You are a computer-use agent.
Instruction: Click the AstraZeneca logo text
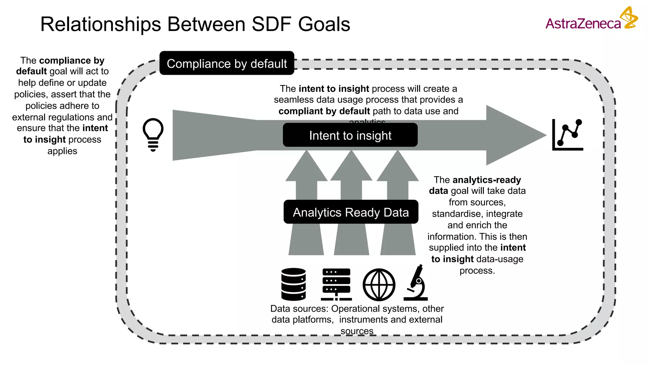pos(583,24)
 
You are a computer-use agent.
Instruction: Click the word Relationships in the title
pos(100,24)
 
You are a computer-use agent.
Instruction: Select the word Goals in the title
pos(324,24)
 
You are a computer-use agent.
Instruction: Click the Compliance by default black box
pos(227,63)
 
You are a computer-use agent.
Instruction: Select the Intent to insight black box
pos(350,135)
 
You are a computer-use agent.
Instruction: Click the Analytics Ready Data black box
pos(350,212)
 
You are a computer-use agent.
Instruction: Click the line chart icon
pos(568,135)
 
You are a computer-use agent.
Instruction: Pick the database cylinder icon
pos(293,284)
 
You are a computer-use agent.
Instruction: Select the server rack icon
pos(336,284)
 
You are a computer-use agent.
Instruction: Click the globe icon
pos(379,285)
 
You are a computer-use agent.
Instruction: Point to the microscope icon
pos(416,283)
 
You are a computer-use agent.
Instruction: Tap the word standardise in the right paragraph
pos(456,214)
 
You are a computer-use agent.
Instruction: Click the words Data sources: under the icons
pos(299,309)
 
